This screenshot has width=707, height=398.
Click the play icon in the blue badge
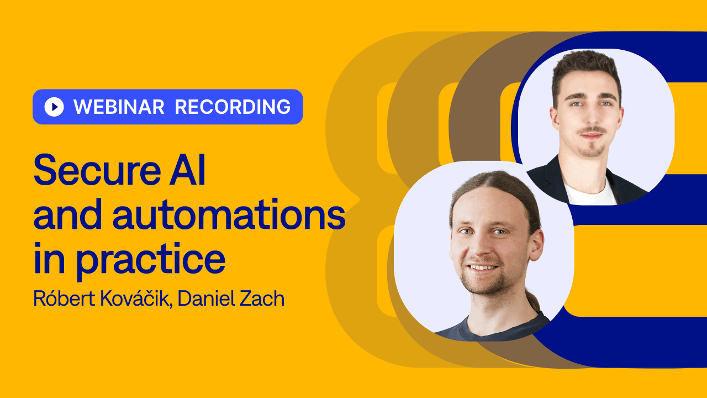click(54, 107)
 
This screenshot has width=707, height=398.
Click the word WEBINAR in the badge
click(119, 107)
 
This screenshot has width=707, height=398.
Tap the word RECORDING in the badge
click(233, 107)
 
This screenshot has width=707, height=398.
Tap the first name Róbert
click(65, 298)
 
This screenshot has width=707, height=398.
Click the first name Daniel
click(206, 298)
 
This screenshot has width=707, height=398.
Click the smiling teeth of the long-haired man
click(483, 268)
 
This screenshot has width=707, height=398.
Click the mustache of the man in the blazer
click(591, 130)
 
